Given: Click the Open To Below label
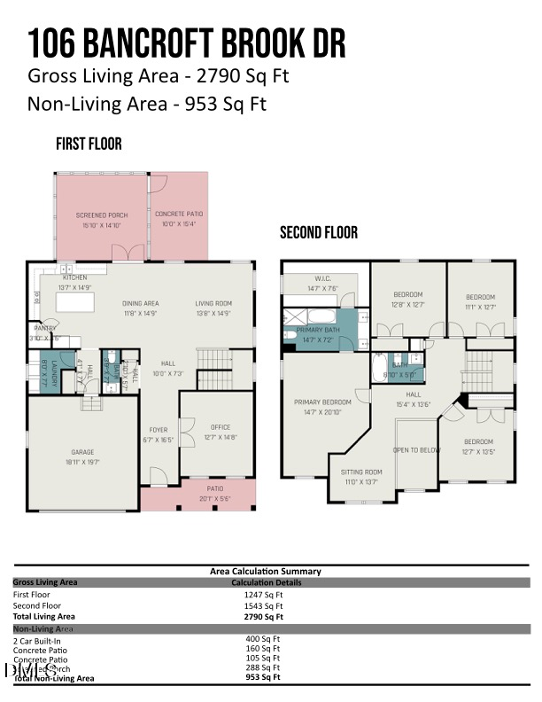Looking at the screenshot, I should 416,450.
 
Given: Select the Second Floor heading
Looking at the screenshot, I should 319,233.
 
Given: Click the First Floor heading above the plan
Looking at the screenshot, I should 89,144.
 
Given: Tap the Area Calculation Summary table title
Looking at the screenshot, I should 266,572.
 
